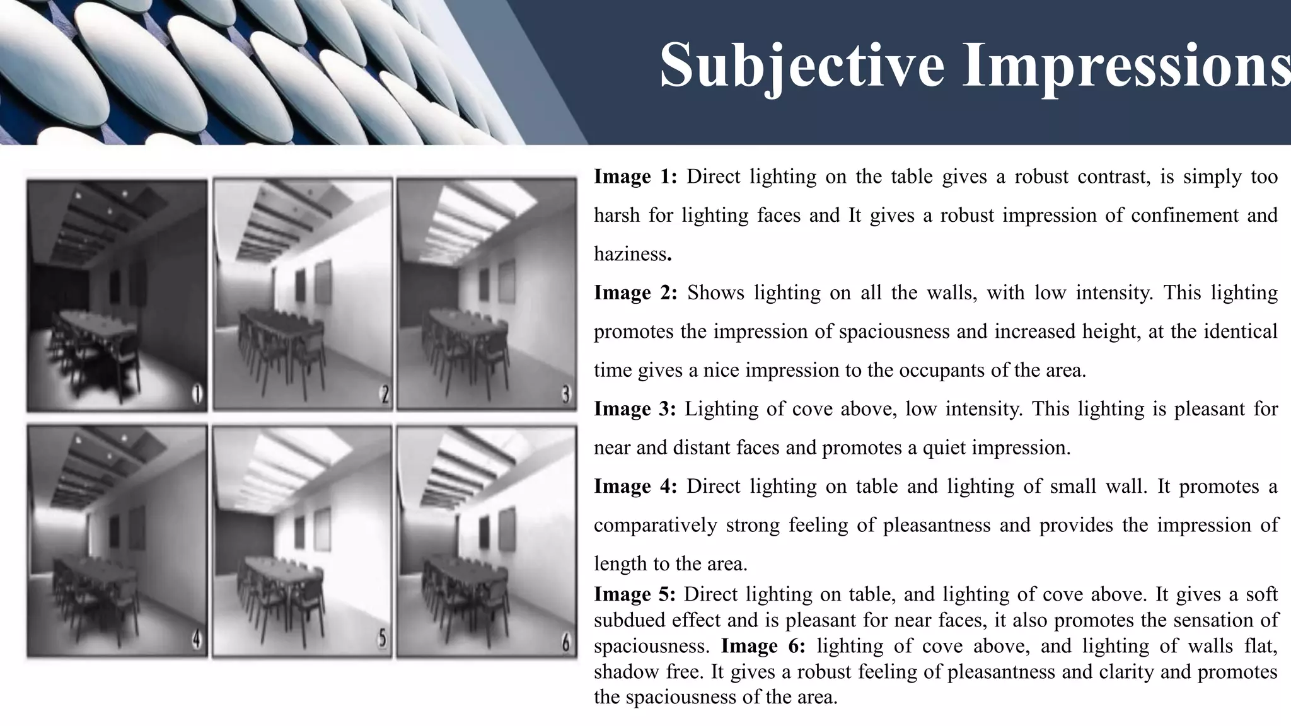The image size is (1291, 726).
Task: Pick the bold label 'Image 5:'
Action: click(x=634, y=594)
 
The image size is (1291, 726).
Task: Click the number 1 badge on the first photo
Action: click(x=197, y=395)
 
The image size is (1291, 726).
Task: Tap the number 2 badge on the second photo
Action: click(x=384, y=395)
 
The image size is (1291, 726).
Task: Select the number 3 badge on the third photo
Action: click(x=566, y=395)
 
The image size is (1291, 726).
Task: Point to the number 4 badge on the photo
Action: click(x=197, y=641)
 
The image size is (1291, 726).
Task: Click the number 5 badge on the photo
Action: click(x=382, y=639)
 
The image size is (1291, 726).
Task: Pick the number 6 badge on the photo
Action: click(x=566, y=643)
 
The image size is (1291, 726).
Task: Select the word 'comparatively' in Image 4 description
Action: click(x=655, y=526)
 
